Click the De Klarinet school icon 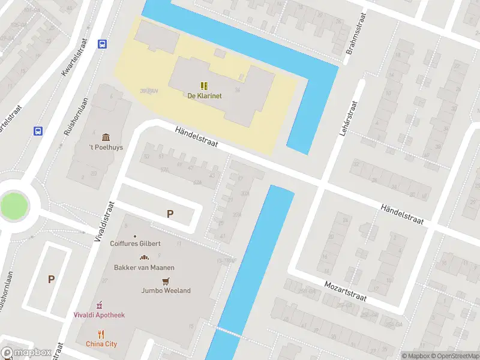point(203,85)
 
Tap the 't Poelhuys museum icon point(106,137)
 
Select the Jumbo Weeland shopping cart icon point(166,281)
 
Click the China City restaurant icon point(101,334)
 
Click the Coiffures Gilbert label point(135,244)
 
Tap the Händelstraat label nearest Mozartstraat point(402,214)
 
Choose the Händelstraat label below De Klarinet point(196,137)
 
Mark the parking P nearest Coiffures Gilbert point(170,214)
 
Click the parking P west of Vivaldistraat point(51,278)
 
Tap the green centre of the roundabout point(14,205)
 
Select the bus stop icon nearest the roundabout point(38,131)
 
